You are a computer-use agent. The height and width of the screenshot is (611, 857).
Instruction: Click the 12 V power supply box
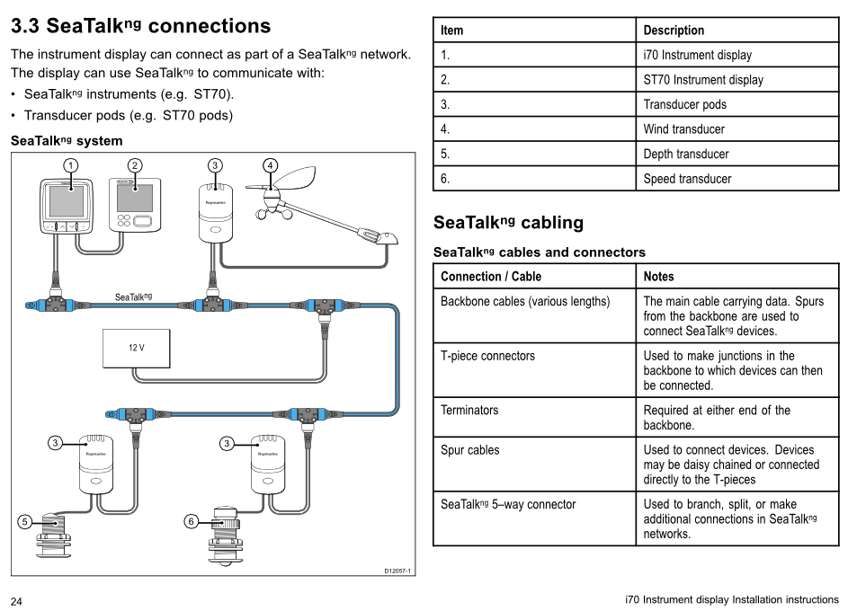pos(136,348)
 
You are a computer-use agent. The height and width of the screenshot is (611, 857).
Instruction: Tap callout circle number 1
pos(70,165)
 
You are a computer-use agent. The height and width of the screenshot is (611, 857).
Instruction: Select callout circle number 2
pos(135,165)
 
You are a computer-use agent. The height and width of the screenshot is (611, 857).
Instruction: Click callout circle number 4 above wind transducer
pos(270,165)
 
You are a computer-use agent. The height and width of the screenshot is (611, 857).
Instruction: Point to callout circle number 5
pos(24,521)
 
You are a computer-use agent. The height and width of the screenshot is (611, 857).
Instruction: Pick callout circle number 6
pos(191,521)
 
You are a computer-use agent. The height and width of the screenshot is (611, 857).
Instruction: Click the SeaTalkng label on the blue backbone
pos(133,297)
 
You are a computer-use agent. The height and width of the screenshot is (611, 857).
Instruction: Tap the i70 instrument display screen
pos(67,201)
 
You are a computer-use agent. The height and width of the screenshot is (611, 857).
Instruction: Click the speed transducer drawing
pos(224,536)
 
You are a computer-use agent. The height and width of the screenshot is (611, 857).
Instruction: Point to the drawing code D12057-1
pos(397,571)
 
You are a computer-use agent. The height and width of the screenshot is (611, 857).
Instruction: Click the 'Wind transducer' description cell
pos(737,128)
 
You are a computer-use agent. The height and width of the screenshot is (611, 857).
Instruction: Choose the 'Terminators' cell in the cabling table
pos(534,417)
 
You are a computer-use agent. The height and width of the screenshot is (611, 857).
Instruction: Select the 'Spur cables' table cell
pos(534,465)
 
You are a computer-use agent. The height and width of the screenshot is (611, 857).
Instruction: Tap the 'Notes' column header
pos(737,276)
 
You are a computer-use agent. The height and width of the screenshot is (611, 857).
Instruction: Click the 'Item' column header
pos(534,30)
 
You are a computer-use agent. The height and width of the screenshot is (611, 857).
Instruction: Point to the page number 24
pos(16,601)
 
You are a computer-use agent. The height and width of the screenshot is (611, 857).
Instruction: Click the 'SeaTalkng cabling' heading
pos(508,222)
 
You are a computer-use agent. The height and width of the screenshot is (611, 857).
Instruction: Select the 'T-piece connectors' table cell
pos(534,370)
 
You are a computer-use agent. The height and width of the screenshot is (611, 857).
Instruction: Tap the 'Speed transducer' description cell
pos(737,179)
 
